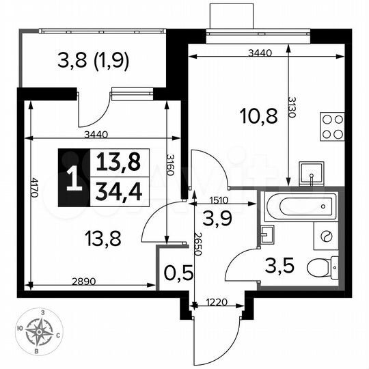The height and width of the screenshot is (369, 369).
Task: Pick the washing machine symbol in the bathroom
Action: pos(325,236)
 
